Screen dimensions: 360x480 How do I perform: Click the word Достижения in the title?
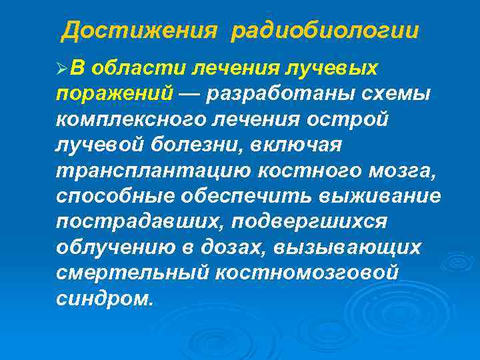pyautogui.click(x=139, y=31)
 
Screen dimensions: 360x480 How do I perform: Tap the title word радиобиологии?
pyautogui.click(x=325, y=31)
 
